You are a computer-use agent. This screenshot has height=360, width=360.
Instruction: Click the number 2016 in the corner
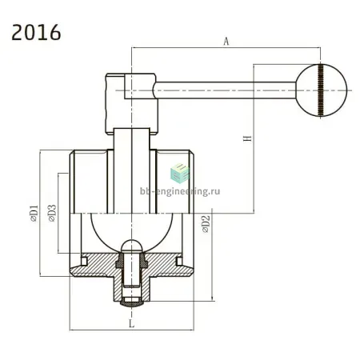pyautogui.click(x=36, y=33)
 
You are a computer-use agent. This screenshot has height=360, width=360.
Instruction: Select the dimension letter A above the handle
pyautogui.click(x=226, y=42)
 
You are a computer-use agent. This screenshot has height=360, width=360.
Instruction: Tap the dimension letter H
pyautogui.click(x=247, y=138)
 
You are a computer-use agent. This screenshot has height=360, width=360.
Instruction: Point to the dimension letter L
pyautogui.click(x=131, y=323)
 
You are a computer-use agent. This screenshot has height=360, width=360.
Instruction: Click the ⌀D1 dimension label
pyautogui.click(x=34, y=214)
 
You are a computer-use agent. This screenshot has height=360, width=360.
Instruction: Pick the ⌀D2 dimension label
pyautogui.click(x=206, y=224)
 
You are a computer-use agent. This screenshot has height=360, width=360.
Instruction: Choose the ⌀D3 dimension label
pyautogui.click(x=52, y=213)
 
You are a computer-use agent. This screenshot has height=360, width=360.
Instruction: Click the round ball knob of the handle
pyautogui.click(x=322, y=90)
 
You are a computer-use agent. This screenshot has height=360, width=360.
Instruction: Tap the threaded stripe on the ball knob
pyautogui.click(x=321, y=90)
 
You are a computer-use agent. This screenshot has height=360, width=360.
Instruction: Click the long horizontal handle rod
pyautogui.click(x=226, y=90)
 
